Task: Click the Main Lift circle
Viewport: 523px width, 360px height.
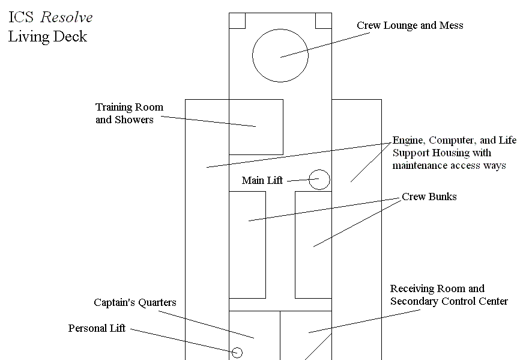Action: tap(319, 180)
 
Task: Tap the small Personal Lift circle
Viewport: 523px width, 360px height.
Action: tap(237, 353)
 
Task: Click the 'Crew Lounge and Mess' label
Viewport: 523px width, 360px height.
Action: tap(410, 25)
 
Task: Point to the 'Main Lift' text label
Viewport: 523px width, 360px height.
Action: tap(262, 180)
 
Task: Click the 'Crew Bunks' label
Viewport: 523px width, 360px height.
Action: tap(429, 197)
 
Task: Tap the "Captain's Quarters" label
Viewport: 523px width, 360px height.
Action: tap(135, 302)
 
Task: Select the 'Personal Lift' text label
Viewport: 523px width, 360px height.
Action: tap(97, 328)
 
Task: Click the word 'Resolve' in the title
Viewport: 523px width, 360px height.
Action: tap(66, 17)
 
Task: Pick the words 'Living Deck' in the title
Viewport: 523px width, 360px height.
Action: tap(47, 37)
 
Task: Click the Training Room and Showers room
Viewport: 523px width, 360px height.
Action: tap(256, 127)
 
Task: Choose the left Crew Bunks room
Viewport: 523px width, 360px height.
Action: tap(247, 245)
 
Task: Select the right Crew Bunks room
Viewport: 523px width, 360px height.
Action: tap(313, 245)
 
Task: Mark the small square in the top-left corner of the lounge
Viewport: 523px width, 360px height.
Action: tap(237, 20)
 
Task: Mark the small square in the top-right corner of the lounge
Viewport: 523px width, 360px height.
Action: tap(324, 20)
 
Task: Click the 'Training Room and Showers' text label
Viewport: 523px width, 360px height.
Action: tap(129, 113)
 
